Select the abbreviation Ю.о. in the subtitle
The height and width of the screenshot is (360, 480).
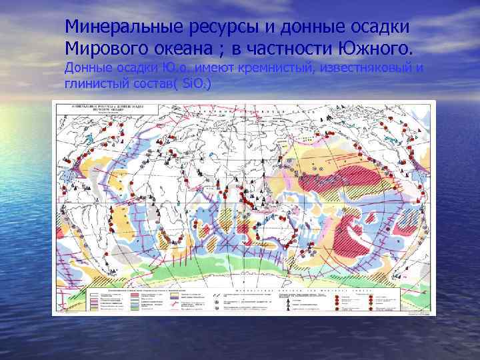pyautogui.click(x=174, y=69)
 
